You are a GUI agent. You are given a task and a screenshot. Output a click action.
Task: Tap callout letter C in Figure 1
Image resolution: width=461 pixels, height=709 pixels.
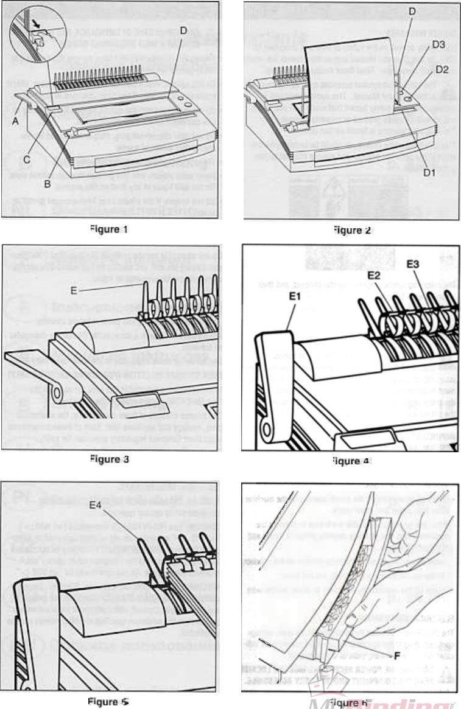(x=27, y=159)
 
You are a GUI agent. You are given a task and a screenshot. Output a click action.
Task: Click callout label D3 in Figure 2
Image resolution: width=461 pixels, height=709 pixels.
(x=439, y=44)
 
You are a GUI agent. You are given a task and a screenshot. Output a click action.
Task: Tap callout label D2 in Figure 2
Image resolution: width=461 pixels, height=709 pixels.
(x=443, y=70)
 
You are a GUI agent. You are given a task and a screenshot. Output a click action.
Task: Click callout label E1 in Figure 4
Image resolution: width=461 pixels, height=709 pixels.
(x=295, y=297)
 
